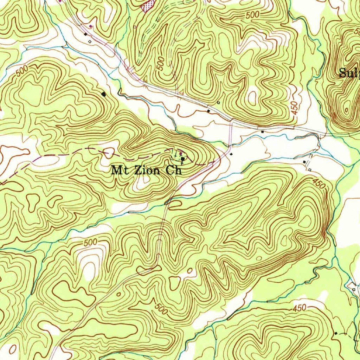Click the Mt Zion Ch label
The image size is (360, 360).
pos(147,171)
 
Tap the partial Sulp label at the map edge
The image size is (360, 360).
pos(349,73)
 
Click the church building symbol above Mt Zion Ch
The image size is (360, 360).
pos(183,159)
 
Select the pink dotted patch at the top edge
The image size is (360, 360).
pos(147,6)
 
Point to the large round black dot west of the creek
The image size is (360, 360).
pos(103,94)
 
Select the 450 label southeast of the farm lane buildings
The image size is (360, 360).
pos(319,183)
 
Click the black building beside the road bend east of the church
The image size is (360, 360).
pos(231,154)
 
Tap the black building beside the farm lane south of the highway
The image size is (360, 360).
pos(304,161)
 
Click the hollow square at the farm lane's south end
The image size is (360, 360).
pos(310,170)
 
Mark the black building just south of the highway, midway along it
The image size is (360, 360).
pos(263,131)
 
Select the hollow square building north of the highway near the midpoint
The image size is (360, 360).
pos(218,103)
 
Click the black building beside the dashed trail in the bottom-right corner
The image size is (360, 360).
pos(336,333)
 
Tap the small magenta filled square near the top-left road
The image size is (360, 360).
pos(91,26)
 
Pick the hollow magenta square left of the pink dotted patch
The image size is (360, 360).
pos(135,26)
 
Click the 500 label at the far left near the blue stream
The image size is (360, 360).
pos(21,71)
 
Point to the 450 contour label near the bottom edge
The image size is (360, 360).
pos(299,308)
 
